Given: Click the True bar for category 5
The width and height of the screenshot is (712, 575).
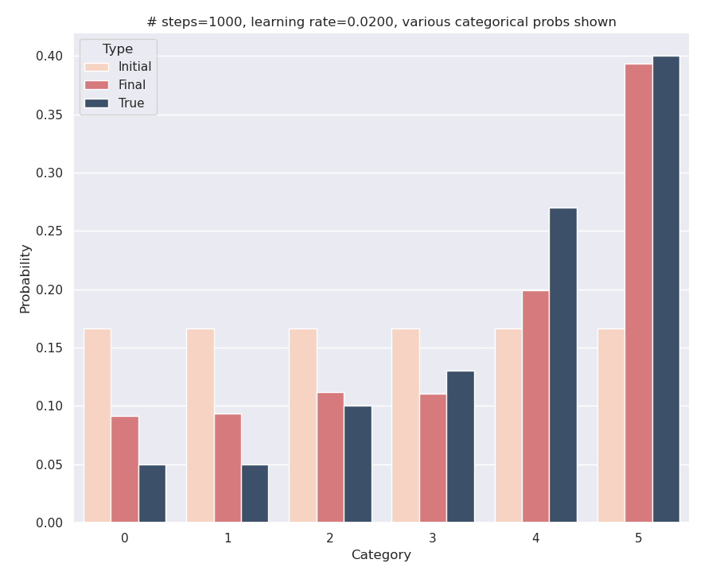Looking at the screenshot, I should [666, 289].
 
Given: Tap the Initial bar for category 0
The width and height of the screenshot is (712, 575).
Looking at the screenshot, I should [97, 425].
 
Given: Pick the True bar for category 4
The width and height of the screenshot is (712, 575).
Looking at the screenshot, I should [563, 365].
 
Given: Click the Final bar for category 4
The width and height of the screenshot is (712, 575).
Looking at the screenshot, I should [535, 406].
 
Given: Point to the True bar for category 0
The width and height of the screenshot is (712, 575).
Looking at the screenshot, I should [152, 493].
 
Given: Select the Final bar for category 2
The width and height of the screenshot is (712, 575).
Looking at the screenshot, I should [330, 457].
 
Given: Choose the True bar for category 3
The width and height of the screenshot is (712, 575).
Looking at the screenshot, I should [460, 446].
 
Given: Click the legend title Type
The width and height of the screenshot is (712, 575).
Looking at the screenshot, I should [118, 49].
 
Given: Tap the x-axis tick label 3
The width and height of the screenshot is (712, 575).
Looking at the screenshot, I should [432, 538].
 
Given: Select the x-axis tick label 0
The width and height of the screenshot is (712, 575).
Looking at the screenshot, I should [124, 538].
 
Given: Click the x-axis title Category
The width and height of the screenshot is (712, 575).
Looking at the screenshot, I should [381, 555].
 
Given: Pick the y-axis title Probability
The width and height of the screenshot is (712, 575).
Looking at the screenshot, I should [25, 278].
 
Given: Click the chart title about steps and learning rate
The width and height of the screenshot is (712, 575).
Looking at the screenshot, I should [381, 22].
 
